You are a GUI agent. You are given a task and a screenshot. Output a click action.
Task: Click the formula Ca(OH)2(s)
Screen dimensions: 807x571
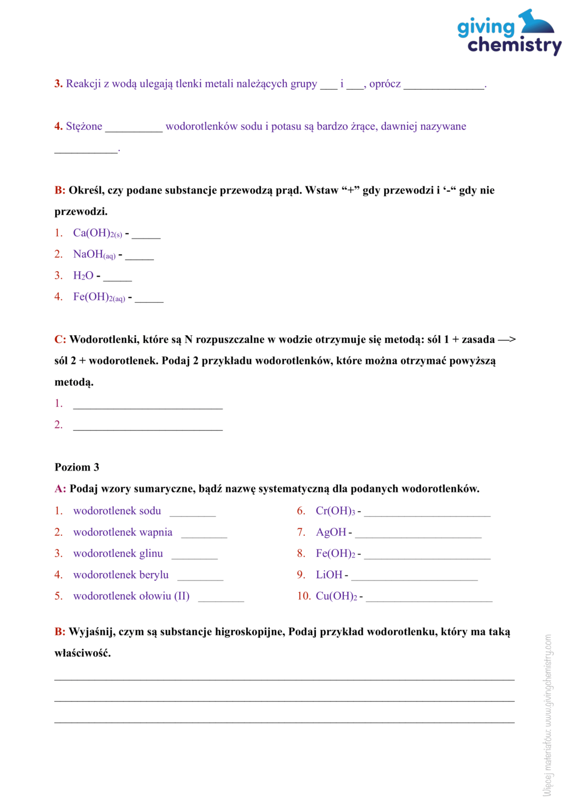pos(97,233)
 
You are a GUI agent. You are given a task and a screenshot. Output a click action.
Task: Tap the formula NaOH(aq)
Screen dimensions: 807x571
pos(94,255)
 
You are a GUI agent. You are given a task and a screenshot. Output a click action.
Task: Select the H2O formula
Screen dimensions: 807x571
pos(83,276)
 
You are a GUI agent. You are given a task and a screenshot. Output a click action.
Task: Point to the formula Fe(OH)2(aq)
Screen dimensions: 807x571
pos(99,297)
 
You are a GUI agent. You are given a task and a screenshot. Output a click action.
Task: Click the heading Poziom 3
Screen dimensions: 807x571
pos(77,467)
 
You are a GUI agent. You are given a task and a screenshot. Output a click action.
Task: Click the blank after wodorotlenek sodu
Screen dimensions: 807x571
pos(192,512)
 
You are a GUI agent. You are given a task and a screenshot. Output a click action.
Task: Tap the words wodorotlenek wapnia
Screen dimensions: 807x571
pos(123,532)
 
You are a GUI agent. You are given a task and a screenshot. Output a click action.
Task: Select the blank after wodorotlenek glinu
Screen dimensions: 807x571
pos(194,555)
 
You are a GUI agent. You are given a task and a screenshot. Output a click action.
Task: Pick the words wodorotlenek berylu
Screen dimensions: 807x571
pos(121,575)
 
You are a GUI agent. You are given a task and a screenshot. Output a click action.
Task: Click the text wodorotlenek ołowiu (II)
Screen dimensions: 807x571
pos(131,596)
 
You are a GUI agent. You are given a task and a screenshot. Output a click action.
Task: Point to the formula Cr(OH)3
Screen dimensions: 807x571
pos(335,511)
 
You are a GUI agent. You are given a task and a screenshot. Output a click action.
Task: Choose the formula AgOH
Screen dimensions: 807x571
pos(331,532)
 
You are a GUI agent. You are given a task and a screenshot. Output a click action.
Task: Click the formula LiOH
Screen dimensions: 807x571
pos(329,575)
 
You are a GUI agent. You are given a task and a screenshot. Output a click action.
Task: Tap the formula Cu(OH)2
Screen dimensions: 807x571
pos(336,596)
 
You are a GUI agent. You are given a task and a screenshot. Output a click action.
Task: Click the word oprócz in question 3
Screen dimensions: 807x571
pos(385,84)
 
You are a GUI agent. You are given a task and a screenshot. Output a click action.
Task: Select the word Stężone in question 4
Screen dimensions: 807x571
pos(84,127)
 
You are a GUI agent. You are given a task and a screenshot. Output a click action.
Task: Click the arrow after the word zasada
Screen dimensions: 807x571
pos(507,339)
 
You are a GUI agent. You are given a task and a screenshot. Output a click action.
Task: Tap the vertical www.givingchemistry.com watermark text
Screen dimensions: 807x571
pos(547,715)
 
